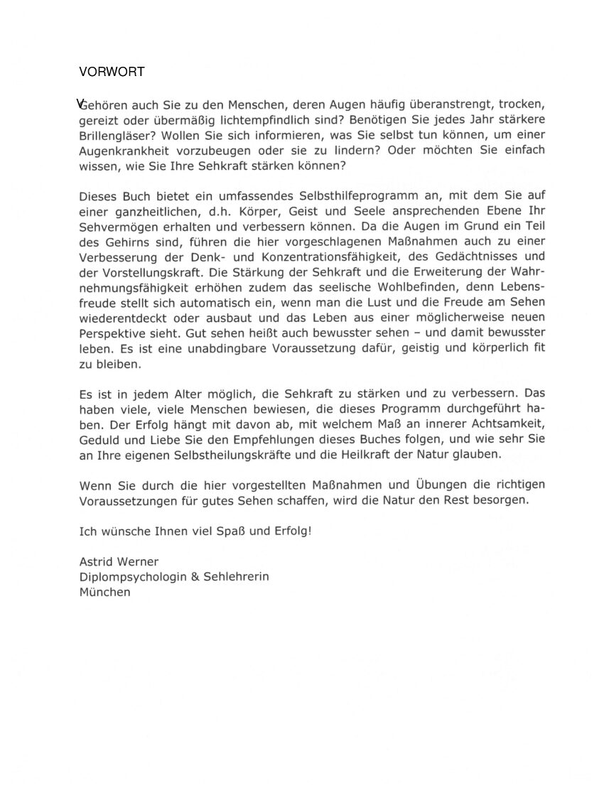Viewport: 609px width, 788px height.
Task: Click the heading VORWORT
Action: [112, 72]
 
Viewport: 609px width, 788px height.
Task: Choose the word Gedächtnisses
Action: [484, 256]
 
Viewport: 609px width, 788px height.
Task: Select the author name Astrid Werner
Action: [119, 562]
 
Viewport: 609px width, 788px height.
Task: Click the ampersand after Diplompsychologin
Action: [193, 576]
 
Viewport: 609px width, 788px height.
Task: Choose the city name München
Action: [105, 591]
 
